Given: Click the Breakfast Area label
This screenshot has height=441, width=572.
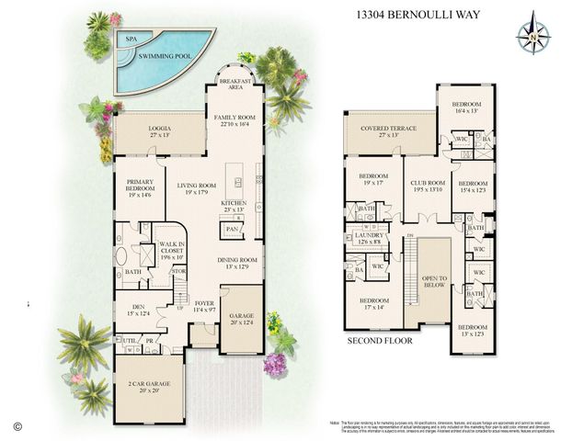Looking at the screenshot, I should point(235,85).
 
